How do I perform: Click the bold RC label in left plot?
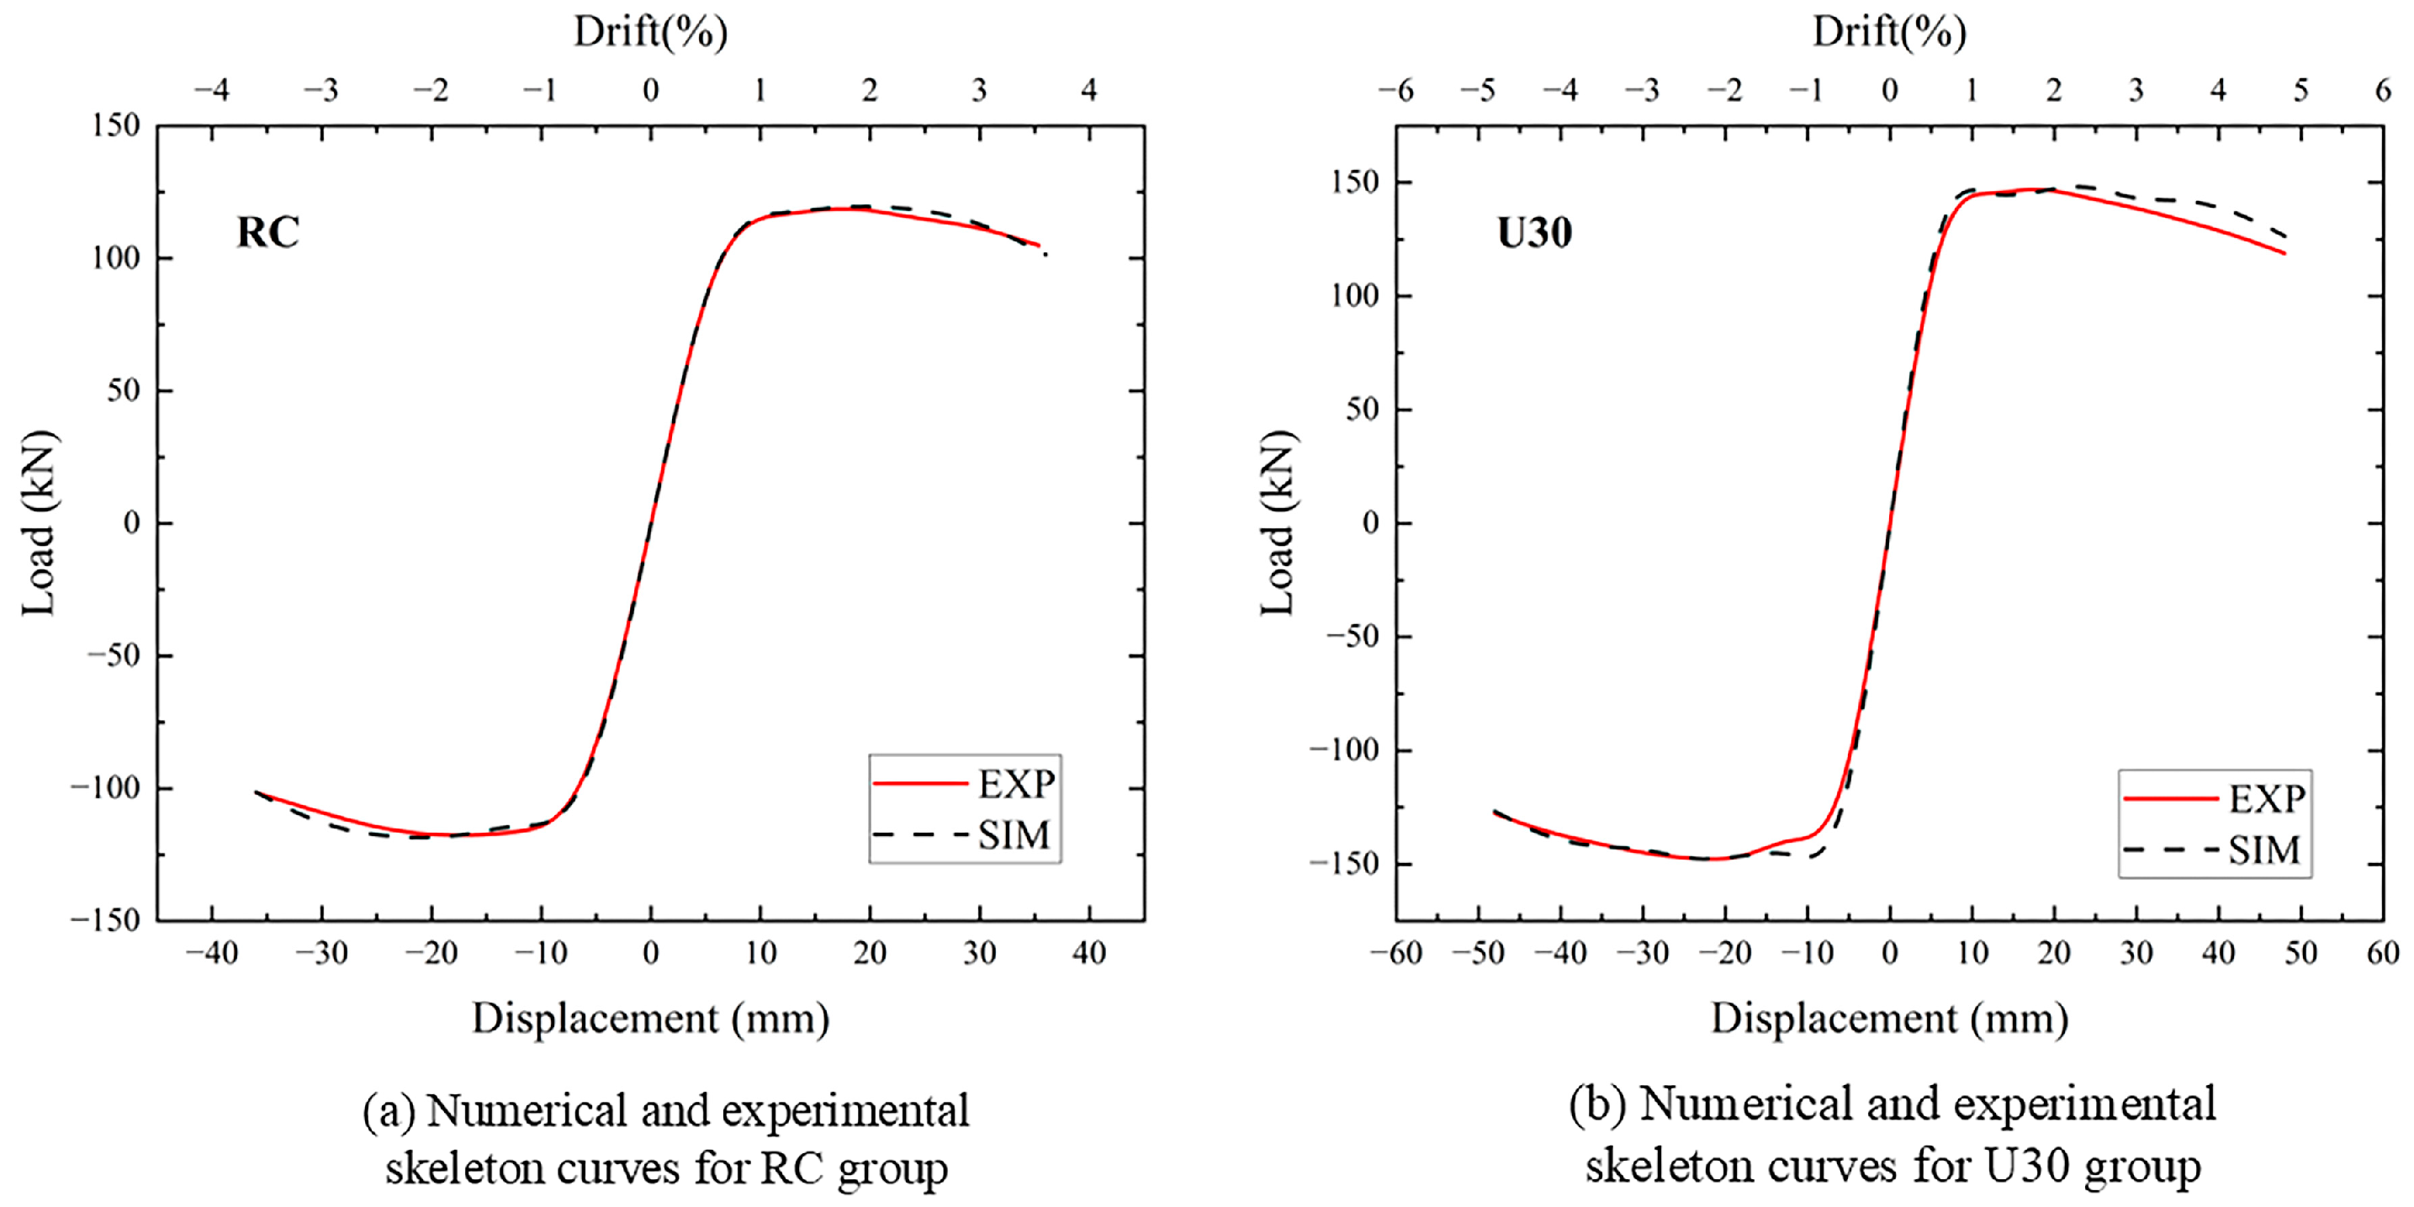[x=267, y=232]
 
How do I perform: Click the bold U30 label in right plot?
[x=1534, y=232]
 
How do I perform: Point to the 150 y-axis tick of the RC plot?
[x=115, y=124]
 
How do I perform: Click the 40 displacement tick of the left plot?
[x=1089, y=953]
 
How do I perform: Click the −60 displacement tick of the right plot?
[x=1395, y=953]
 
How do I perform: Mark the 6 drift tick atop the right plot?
[x=2383, y=90]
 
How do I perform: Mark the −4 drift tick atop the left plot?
[x=211, y=90]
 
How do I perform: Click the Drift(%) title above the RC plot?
[x=650, y=32]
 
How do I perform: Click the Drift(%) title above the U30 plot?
[x=1889, y=32]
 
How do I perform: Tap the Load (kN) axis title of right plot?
[x=1278, y=523]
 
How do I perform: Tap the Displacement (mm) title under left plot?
[x=650, y=1019]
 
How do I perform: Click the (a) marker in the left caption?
[x=388, y=1111]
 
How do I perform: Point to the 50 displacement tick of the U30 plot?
[x=2300, y=953]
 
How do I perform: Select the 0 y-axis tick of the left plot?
[x=132, y=523]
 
